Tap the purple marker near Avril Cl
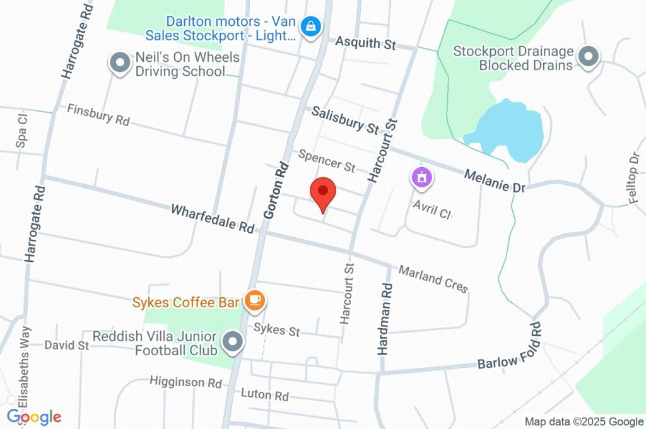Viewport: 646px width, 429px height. (x=421, y=177)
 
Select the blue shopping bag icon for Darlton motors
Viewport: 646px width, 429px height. (x=311, y=26)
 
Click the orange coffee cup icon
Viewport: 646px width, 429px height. (x=254, y=302)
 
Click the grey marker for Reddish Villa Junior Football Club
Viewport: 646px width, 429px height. (x=233, y=343)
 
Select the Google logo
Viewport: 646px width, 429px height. (x=34, y=417)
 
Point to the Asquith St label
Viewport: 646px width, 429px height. (x=365, y=43)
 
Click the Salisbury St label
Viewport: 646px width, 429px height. (x=345, y=119)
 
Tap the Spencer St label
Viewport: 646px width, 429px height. (x=327, y=161)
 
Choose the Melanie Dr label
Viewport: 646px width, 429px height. (x=495, y=180)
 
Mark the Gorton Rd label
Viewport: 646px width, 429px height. (x=276, y=191)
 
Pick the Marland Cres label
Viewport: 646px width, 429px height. (x=433, y=279)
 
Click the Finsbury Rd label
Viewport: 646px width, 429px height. (x=98, y=114)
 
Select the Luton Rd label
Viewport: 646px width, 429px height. (x=265, y=396)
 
